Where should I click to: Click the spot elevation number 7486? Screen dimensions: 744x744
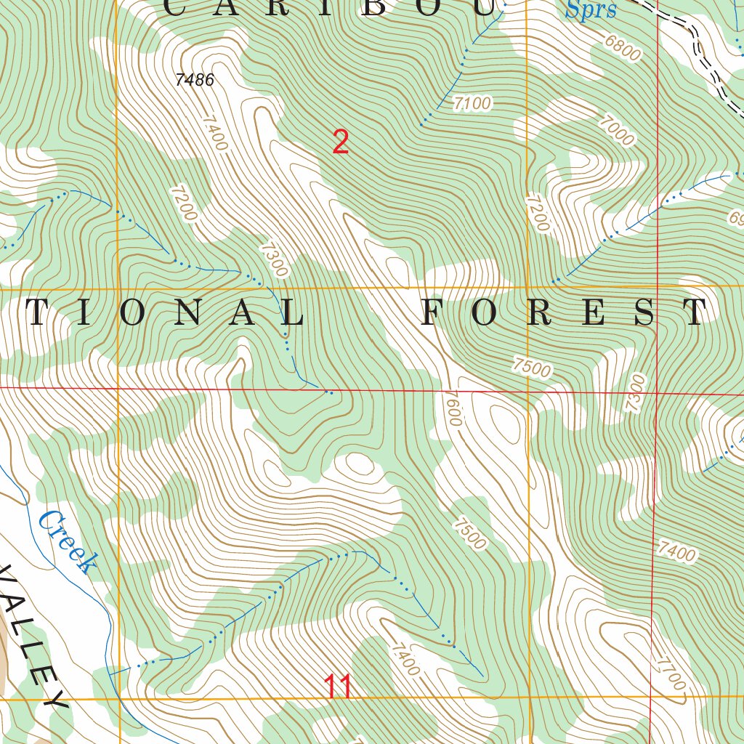pos(195,80)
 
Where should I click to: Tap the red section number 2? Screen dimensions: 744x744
pos(341,142)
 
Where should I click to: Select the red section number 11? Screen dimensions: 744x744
pos(339,687)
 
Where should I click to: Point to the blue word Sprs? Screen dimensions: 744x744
pos(591,10)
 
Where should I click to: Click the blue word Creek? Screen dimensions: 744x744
pos(67,542)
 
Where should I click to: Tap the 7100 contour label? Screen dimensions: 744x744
pos(472,104)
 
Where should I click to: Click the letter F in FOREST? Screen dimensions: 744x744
pos(433,312)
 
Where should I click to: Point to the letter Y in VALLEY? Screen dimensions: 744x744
pos(52,700)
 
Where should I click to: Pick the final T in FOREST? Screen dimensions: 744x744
pos(695,312)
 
